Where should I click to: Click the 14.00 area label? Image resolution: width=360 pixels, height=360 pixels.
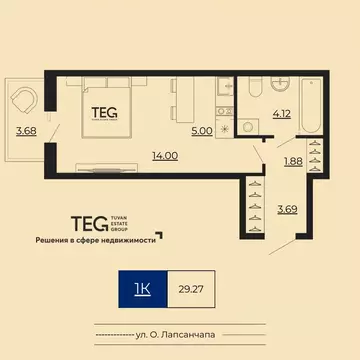(137, 156)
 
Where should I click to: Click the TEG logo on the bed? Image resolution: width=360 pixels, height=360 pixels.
(103, 112)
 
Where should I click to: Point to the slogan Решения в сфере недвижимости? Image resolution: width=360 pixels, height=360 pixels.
(95, 241)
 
